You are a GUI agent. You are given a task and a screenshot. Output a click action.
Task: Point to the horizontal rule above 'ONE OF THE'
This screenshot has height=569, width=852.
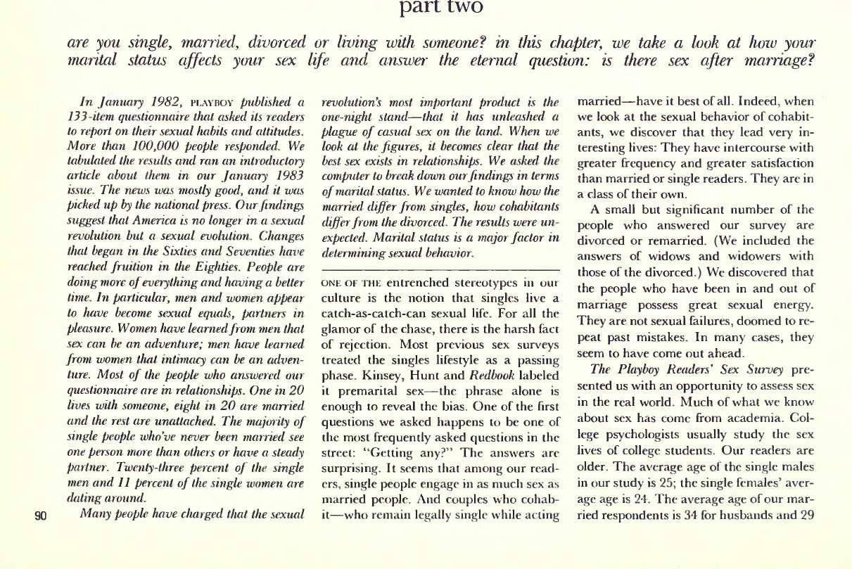coord(439,270)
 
